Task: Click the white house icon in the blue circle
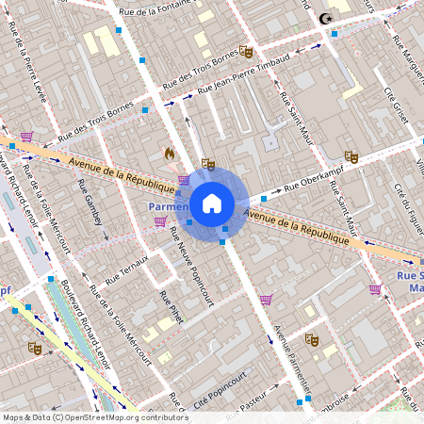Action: click(212, 203)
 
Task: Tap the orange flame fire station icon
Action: click(170, 152)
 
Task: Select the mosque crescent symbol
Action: click(327, 19)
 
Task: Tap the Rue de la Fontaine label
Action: click(155, 11)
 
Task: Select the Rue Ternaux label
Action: click(126, 269)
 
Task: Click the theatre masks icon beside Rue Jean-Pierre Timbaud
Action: click(246, 52)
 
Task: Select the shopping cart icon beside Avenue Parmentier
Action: click(267, 300)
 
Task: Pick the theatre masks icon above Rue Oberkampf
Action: click(351, 156)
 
